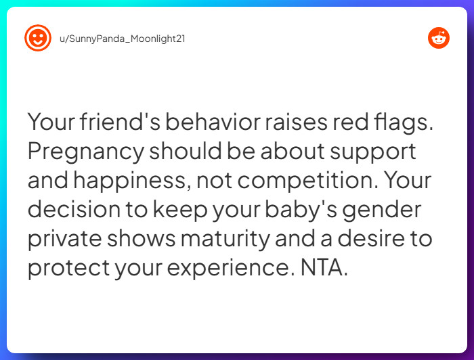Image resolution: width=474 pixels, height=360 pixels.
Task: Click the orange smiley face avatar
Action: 38,38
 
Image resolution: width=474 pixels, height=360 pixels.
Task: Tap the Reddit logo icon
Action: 438,38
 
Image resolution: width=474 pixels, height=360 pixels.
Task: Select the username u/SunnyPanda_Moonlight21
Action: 123,39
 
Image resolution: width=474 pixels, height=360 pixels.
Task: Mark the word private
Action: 64,239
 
